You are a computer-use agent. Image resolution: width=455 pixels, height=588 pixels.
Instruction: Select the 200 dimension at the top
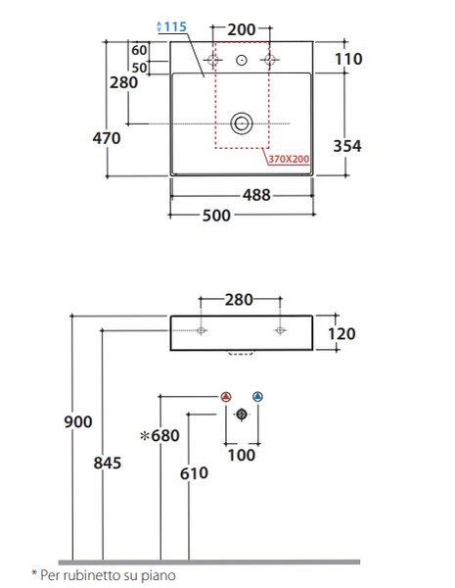tap(242, 29)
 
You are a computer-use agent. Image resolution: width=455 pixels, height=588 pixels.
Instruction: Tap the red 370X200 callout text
tap(289, 159)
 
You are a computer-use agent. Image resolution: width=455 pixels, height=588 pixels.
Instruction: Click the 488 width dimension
tap(256, 195)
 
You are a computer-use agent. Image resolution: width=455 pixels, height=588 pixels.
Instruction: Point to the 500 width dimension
tap(216, 216)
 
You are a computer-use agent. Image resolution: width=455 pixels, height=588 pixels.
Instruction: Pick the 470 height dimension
tap(107, 138)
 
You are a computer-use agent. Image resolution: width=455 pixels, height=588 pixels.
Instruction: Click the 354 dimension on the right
tap(347, 146)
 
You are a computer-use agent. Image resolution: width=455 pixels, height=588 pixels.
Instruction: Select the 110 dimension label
tap(348, 59)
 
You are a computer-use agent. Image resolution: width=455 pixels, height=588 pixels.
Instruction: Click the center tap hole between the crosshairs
tap(242, 60)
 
